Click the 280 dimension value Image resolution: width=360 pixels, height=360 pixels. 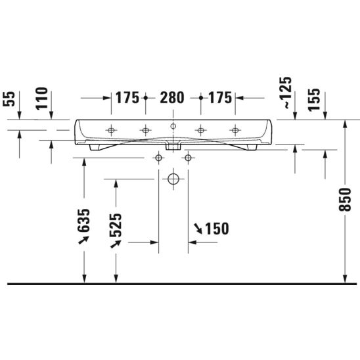tap(172, 98)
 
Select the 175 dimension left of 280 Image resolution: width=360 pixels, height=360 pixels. tap(127, 98)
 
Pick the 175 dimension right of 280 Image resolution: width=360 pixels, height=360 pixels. tap(220, 98)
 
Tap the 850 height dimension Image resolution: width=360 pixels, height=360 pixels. tap(345, 199)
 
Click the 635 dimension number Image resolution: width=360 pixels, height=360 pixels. tap(83, 220)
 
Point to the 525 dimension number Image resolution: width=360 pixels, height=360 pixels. tap(116, 225)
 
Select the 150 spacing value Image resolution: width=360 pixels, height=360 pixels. tap(217, 229)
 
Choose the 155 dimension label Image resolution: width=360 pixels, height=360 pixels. tap(314, 100)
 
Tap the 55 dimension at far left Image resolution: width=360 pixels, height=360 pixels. tap(9, 99)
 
